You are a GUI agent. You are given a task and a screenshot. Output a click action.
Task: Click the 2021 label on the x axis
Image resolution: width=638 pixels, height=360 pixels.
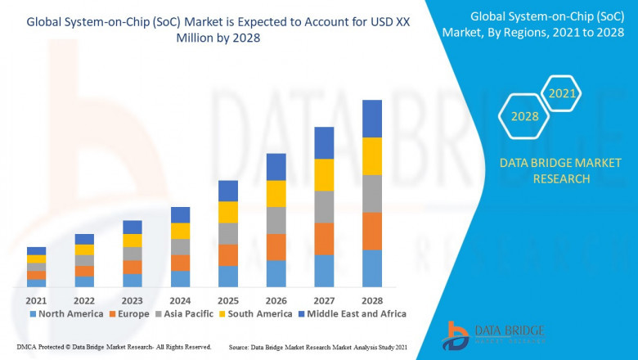click(36, 299)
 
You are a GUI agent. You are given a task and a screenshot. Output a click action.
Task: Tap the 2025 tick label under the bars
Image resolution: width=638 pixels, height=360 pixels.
click(228, 299)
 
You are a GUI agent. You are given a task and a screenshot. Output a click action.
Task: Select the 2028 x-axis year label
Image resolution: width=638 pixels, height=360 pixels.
click(372, 299)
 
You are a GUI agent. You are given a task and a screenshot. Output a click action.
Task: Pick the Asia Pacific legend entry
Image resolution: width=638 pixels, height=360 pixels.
click(186, 313)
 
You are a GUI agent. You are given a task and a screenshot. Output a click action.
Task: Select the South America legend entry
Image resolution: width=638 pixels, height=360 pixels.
click(258, 313)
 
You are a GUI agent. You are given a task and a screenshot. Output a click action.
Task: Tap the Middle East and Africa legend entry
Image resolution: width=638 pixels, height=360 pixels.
click(357, 313)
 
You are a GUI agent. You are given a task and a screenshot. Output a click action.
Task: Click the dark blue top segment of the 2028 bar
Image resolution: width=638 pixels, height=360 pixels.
click(372, 119)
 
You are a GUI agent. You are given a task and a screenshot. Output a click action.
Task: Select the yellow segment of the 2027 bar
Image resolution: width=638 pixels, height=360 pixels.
click(324, 174)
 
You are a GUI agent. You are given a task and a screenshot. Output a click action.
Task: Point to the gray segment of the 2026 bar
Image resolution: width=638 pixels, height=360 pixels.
click(276, 220)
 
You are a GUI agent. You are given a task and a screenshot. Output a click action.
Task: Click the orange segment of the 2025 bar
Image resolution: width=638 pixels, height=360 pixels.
click(228, 255)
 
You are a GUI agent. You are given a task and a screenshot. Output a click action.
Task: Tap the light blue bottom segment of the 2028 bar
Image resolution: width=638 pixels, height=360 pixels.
click(372, 268)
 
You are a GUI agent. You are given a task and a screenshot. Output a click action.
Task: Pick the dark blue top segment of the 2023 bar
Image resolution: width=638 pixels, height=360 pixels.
click(133, 227)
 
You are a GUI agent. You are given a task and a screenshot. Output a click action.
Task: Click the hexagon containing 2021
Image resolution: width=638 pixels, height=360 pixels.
click(562, 95)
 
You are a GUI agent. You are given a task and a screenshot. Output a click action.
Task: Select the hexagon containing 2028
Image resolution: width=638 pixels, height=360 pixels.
click(525, 116)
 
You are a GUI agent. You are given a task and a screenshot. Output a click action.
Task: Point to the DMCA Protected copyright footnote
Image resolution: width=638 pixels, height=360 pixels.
click(114, 348)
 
